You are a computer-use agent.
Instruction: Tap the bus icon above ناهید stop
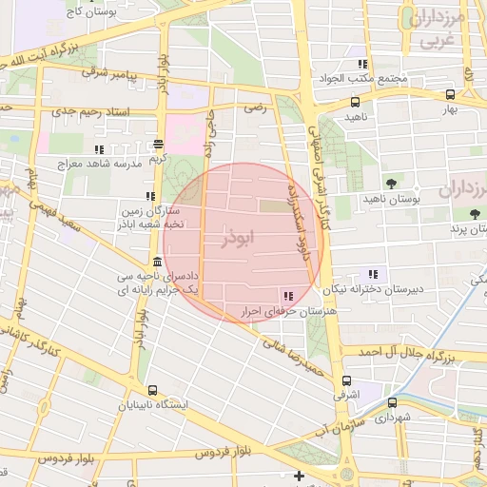coord(355,102)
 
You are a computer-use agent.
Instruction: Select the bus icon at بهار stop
coord(451,94)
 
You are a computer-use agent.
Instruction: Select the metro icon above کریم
coord(159,145)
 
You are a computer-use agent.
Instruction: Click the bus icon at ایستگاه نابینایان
coord(152,390)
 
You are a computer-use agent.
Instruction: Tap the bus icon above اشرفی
coord(345,378)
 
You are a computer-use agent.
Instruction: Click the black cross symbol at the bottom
coord(299,476)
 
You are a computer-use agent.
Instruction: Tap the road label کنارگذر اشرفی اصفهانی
coord(312,162)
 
